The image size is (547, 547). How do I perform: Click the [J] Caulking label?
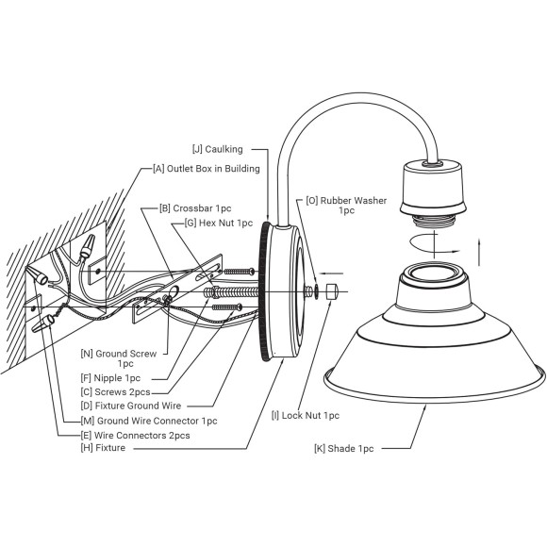coord(218,149)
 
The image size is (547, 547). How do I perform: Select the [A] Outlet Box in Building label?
coord(207,169)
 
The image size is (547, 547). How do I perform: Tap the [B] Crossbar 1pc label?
coord(195,208)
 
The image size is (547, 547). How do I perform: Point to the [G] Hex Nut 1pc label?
coord(219,223)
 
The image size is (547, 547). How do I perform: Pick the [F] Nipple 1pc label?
coord(110,378)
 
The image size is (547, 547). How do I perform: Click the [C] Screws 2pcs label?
coord(115,392)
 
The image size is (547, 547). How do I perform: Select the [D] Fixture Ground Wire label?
coord(131,406)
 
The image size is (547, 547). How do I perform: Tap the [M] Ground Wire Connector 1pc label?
coord(149,421)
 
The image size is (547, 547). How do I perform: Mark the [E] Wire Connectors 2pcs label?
coord(136,436)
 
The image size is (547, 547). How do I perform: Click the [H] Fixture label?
coord(103,448)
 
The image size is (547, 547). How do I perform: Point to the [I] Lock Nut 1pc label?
coord(306,416)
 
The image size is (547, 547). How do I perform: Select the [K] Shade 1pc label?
coord(344,449)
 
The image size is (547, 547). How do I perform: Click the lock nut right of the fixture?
coord(332,291)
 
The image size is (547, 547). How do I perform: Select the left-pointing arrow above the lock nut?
coord(332,273)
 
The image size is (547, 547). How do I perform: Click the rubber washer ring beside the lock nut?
coord(316,291)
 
